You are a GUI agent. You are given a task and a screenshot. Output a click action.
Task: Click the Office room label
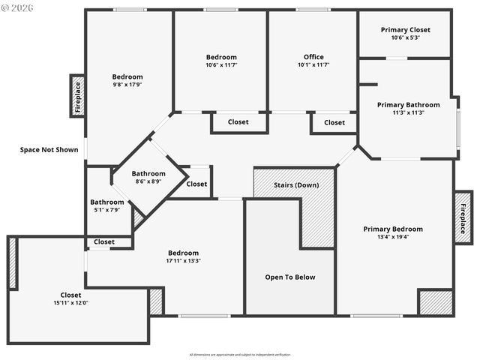[x=313, y=57]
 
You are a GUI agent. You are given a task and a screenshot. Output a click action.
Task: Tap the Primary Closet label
[x=405, y=30]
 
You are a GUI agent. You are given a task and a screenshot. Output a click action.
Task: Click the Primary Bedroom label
[x=393, y=229]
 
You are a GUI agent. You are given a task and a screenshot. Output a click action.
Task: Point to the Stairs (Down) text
[x=295, y=184]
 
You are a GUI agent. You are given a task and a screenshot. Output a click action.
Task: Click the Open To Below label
[x=289, y=277]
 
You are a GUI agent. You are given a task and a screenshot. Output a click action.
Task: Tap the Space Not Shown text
[x=49, y=149]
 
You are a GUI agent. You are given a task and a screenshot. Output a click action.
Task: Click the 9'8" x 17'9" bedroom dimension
[x=127, y=85]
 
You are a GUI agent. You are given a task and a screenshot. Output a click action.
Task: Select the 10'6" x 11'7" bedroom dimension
[x=221, y=65]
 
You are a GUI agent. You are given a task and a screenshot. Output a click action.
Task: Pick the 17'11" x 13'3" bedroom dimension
[x=183, y=261]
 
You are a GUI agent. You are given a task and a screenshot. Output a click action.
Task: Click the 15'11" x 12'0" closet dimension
[x=70, y=303]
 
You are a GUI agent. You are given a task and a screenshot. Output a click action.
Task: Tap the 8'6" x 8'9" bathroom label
[x=148, y=181]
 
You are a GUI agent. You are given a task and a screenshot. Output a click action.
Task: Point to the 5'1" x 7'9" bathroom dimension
[x=107, y=210]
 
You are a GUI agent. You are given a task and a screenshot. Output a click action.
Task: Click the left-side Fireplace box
[x=77, y=96]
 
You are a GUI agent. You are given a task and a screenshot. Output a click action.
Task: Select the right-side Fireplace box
[x=463, y=217]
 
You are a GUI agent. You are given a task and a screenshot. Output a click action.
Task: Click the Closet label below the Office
[x=334, y=122]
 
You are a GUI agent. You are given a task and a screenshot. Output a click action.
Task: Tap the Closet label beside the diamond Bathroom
[x=196, y=184]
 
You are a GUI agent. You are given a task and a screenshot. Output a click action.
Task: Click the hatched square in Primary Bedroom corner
[x=435, y=302]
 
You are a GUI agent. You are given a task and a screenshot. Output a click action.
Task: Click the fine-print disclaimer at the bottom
[x=239, y=353]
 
